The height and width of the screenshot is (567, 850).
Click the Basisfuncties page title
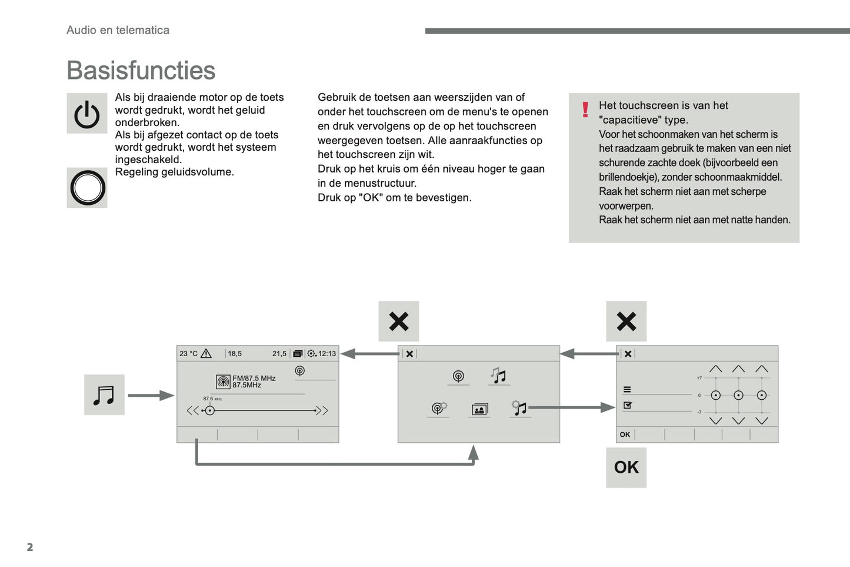141,71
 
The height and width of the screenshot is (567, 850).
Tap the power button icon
87,114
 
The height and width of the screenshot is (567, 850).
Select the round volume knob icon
88,188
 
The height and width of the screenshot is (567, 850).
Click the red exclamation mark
585,110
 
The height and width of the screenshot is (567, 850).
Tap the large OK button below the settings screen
626,467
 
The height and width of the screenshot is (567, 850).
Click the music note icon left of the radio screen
104,395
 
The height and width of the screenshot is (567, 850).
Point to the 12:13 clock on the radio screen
327,354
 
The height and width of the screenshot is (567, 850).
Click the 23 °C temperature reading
188,354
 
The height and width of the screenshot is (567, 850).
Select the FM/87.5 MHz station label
254,378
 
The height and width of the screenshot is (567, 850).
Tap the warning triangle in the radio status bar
206,354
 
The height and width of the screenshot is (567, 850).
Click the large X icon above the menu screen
399,321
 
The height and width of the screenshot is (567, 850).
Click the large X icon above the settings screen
626,321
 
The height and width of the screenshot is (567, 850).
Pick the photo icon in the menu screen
479,410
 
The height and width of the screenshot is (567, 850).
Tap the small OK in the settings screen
625,435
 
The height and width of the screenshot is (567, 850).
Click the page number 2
30,547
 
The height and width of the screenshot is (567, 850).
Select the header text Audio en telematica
118,30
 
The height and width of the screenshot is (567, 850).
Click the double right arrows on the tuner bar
322,410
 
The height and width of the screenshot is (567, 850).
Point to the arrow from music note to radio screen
151,396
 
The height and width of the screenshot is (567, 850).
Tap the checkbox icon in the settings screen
628,405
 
